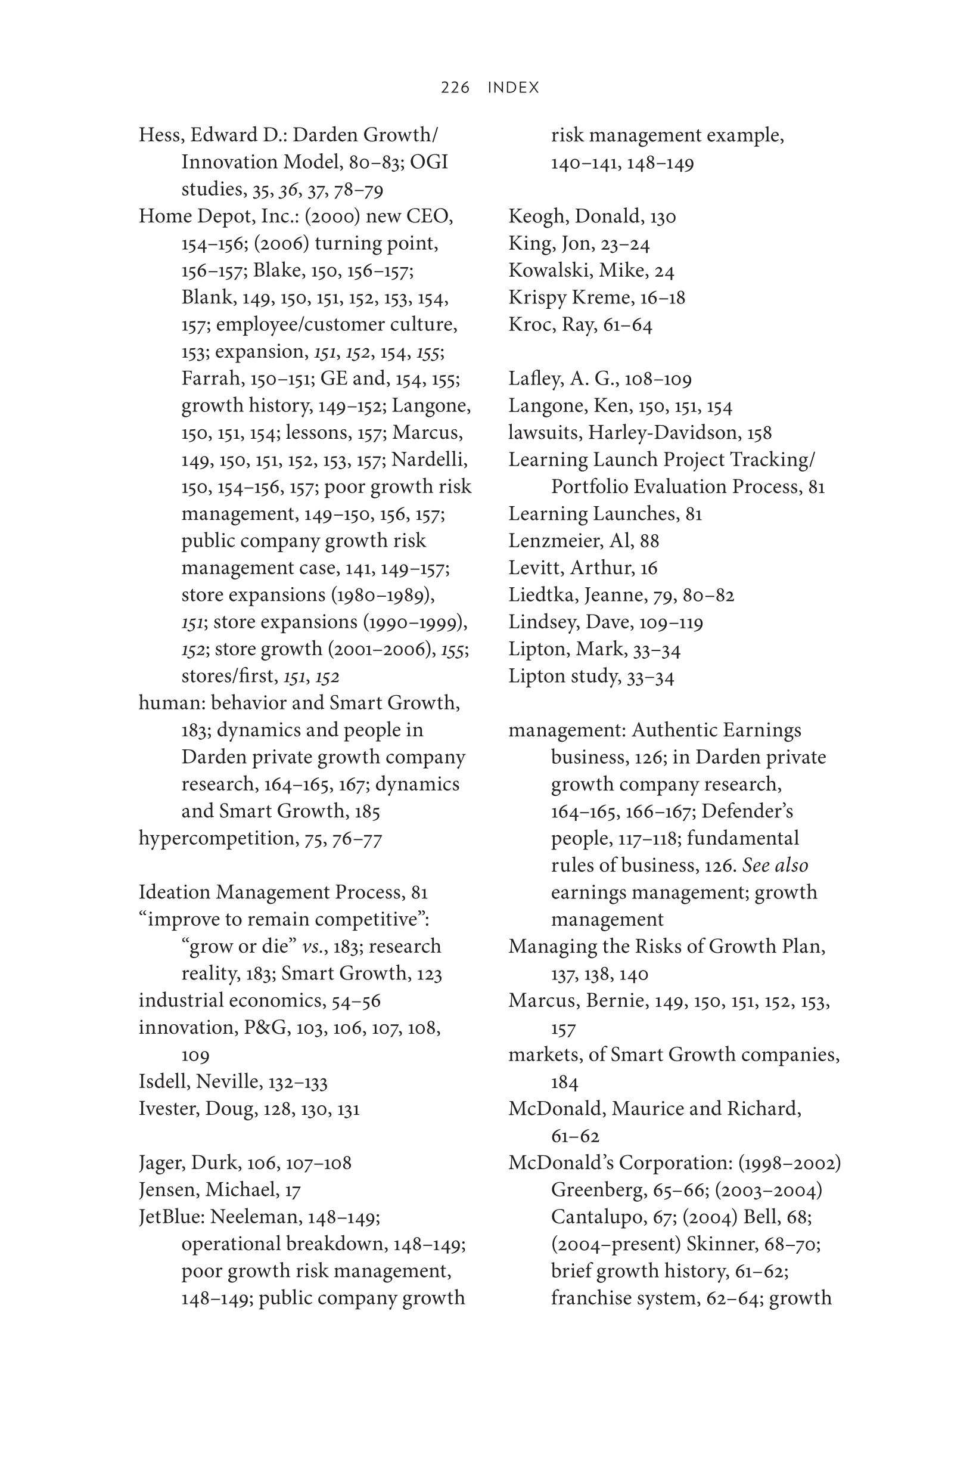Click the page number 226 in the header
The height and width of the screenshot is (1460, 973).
(455, 88)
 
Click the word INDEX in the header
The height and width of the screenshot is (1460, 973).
(513, 88)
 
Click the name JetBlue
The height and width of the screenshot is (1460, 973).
(171, 1217)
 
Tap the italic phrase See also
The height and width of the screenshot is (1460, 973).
(775, 865)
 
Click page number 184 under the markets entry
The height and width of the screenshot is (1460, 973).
(564, 1083)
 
